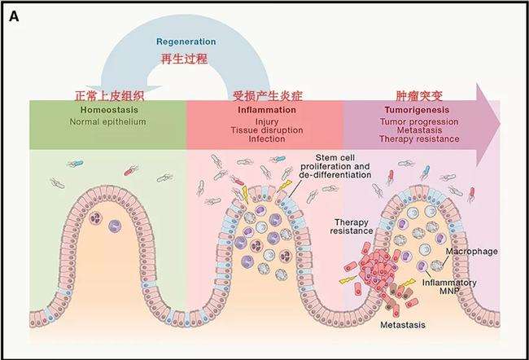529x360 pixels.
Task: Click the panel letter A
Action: coord(15,16)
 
